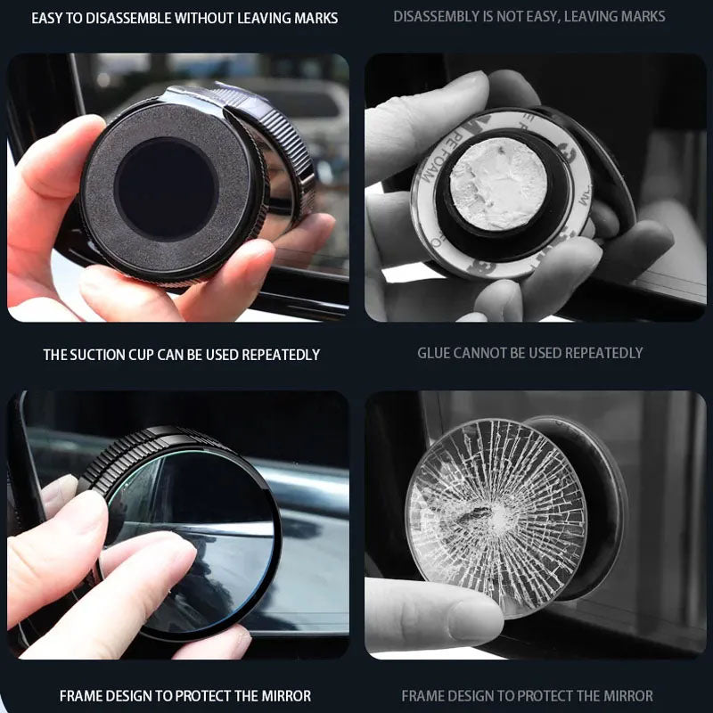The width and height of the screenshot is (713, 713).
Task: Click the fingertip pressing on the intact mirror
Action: pyautogui.click(x=152, y=557)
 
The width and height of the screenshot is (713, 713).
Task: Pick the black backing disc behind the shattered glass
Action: pyautogui.click(x=606, y=499)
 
